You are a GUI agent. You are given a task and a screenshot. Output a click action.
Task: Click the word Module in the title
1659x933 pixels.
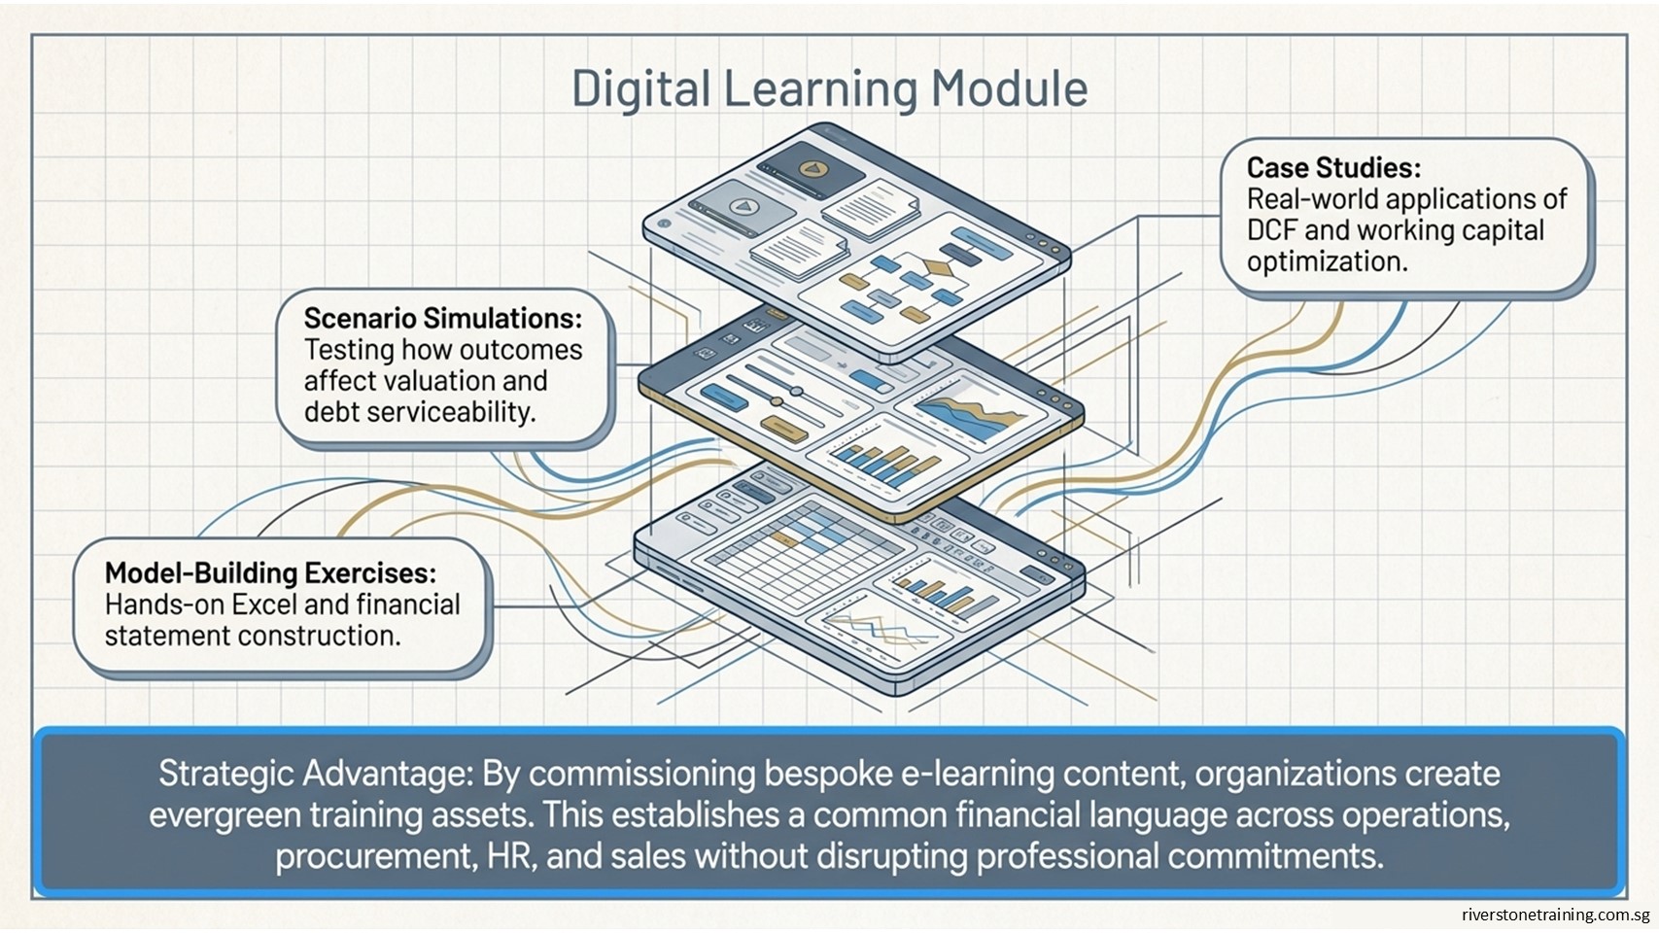(x=1009, y=88)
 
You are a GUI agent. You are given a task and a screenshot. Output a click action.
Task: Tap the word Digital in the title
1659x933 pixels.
(x=640, y=90)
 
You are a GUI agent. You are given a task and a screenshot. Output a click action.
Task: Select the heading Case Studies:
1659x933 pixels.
(x=1333, y=168)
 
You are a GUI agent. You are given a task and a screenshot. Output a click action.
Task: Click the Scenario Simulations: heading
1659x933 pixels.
(x=443, y=319)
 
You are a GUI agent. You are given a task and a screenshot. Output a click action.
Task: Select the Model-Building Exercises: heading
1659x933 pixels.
(x=270, y=573)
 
